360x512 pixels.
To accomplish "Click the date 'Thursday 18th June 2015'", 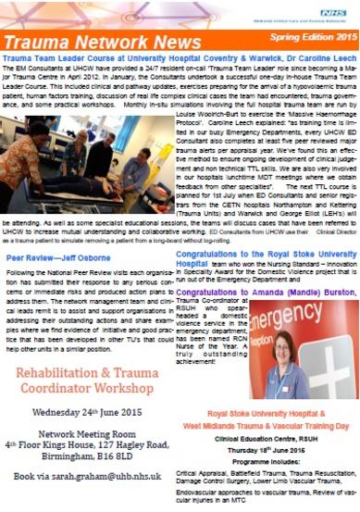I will point(279,443).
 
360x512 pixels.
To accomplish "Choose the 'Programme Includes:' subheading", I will point(279,456).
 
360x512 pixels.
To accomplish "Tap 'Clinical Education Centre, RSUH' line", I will point(279,432).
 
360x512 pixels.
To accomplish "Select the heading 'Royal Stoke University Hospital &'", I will point(279,410).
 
